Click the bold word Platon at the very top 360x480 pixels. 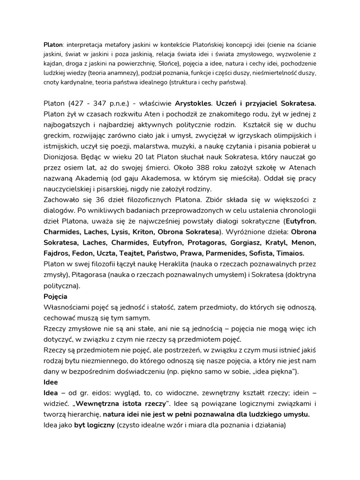tap(53, 45)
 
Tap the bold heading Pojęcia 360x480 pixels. tap(55, 297)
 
